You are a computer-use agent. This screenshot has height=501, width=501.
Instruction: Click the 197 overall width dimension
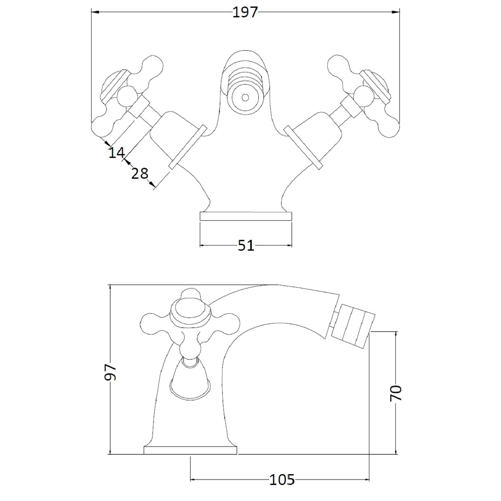pyautogui.click(x=245, y=12)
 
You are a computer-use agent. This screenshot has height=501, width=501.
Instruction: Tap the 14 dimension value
pyautogui.click(x=117, y=153)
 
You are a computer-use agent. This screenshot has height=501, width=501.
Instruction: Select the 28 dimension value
pyautogui.click(x=139, y=173)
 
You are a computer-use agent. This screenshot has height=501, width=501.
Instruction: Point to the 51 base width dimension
pyautogui.click(x=246, y=245)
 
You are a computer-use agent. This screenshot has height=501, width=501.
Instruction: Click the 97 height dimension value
pyautogui.click(x=110, y=372)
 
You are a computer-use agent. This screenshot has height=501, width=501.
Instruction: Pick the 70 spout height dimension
pyautogui.click(x=396, y=393)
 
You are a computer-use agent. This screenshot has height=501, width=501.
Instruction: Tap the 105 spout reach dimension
pyautogui.click(x=282, y=480)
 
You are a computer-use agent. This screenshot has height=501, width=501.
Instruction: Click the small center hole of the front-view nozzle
pyautogui.click(x=245, y=97)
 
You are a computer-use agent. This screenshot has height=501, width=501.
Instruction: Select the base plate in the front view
pyautogui.click(x=246, y=216)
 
